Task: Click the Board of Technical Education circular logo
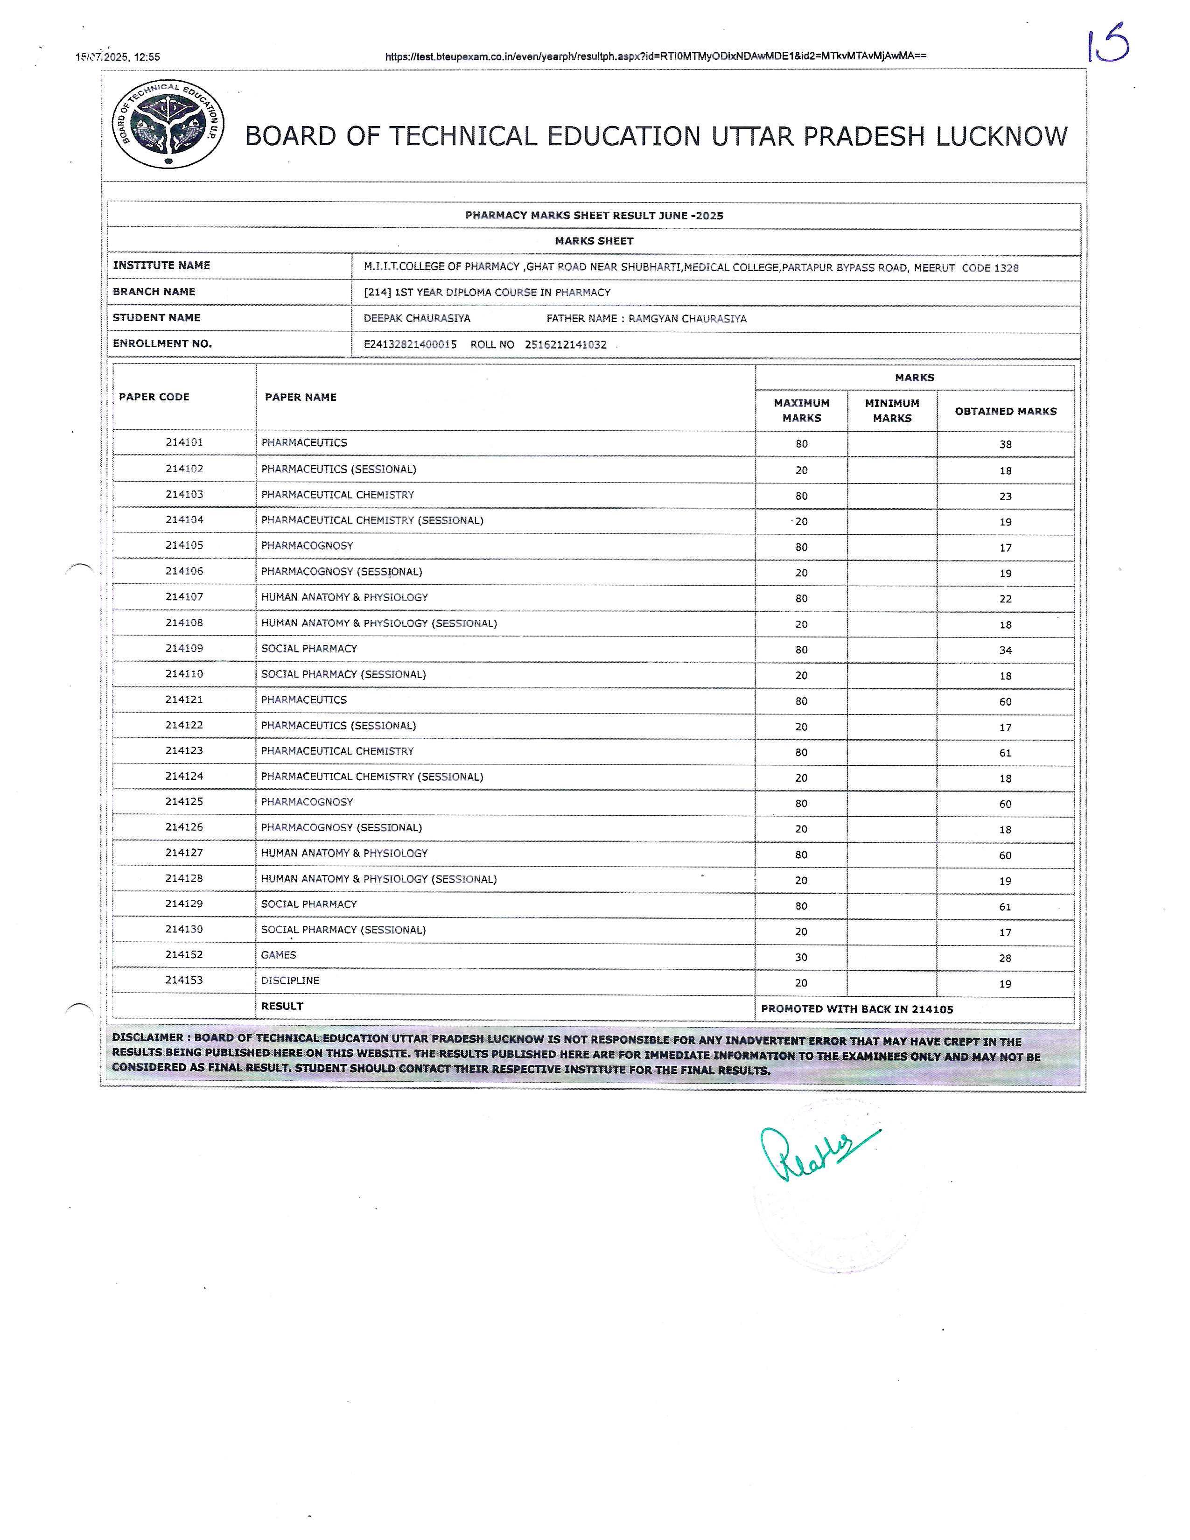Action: point(168,124)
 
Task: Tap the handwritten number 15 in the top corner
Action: point(1108,44)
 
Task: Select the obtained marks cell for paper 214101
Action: point(1005,444)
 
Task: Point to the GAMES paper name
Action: point(279,955)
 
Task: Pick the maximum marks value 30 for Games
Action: point(801,958)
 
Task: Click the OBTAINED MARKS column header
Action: point(1005,411)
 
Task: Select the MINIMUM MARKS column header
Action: point(892,410)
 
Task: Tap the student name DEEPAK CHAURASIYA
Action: point(417,318)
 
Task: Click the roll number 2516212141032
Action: point(566,345)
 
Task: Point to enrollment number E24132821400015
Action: point(410,345)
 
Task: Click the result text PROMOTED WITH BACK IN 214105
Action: point(856,1009)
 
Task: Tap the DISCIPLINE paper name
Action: point(290,981)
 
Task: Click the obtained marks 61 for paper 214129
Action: point(1005,907)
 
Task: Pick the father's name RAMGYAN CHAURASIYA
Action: point(687,319)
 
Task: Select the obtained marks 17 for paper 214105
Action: point(1005,548)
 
